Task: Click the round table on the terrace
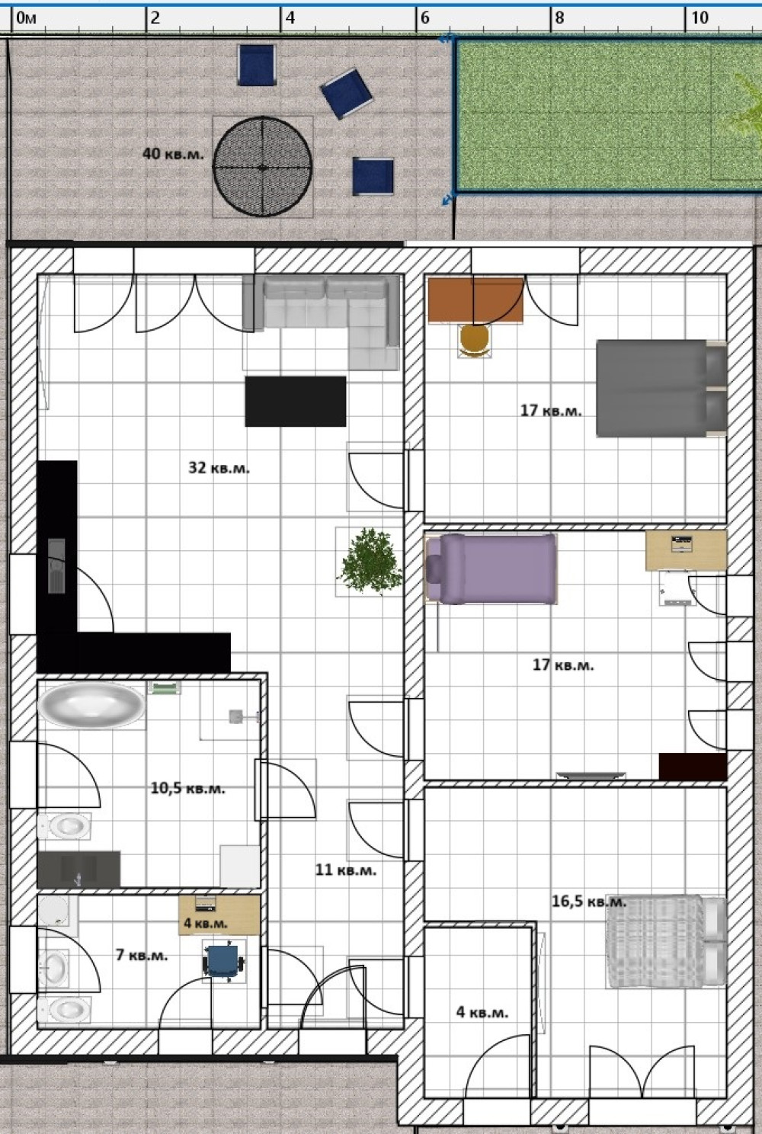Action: click(x=262, y=167)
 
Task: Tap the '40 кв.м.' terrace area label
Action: click(x=173, y=154)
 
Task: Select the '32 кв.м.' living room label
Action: click(x=219, y=468)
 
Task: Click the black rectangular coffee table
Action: click(x=296, y=402)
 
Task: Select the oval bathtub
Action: click(x=91, y=705)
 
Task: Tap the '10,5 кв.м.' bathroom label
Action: click(x=188, y=789)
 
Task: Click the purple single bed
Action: click(x=491, y=569)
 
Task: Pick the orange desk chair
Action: click(x=475, y=340)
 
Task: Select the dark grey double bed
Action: click(x=661, y=389)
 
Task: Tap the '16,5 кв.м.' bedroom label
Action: click(x=589, y=902)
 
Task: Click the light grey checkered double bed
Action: click(x=666, y=942)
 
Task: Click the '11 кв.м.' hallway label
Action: click(x=346, y=870)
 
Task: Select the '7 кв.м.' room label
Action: click(x=142, y=956)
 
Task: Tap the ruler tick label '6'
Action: click(x=425, y=18)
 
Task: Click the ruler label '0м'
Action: click(x=27, y=18)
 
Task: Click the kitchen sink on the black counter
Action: click(x=56, y=565)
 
